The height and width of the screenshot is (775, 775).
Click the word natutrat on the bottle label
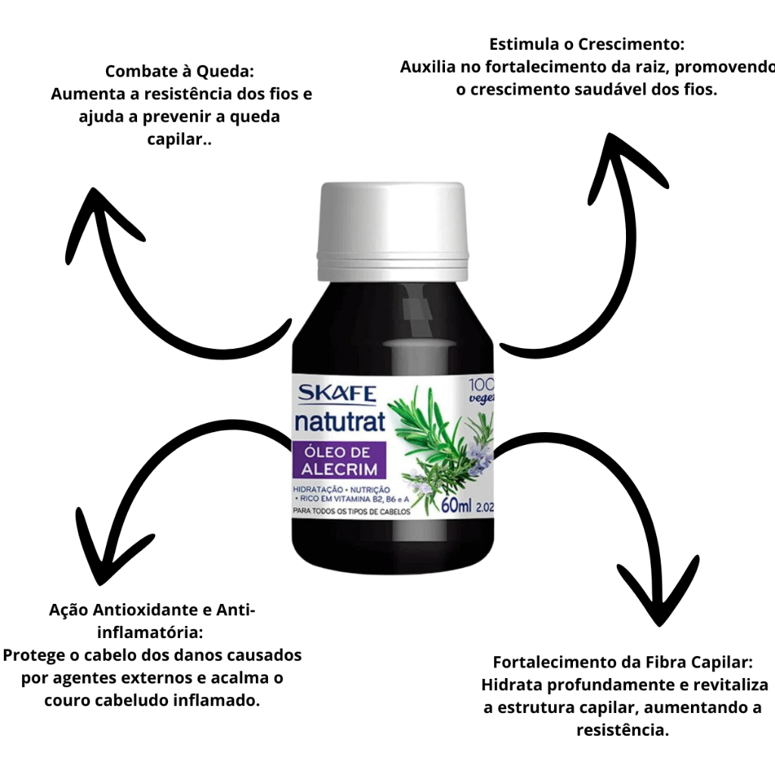pyautogui.click(x=339, y=420)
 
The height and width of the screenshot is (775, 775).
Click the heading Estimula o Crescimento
pyautogui.click(x=587, y=44)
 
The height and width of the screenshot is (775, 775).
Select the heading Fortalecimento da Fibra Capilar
pyautogui.click(x=623, y=662)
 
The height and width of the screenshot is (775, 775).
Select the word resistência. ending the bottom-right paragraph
pyautogui.click(x=623, y=731)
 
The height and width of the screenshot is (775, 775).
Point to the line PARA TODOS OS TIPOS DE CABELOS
pyautogui.click(x=351, y=512)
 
